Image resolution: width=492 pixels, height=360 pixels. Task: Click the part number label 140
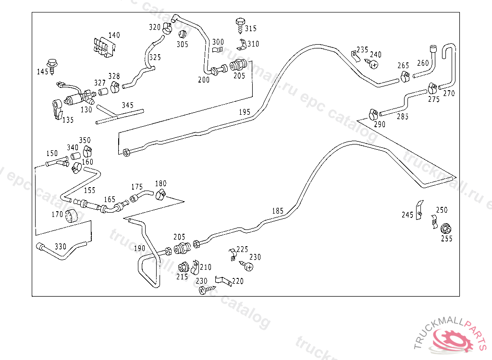[x=114, y=36]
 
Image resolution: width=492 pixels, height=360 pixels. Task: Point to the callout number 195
[x=245, y=112]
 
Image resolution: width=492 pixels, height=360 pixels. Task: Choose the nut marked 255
[x=445, y=228]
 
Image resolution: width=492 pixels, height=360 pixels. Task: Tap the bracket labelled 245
[x=419, y=210]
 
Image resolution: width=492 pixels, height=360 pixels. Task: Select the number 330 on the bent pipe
[x=60, y=247]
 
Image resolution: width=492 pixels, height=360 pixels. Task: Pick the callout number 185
[x=278, y=211]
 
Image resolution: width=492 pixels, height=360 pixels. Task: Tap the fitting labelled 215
[x=184, y=267]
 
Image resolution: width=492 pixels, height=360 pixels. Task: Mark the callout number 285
[x=403, y=117]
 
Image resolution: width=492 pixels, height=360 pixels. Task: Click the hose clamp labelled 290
[x=373, y=114]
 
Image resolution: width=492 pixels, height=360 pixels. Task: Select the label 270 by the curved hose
[x=449, y=94]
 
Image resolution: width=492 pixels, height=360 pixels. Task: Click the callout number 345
[x=127, y=105]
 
